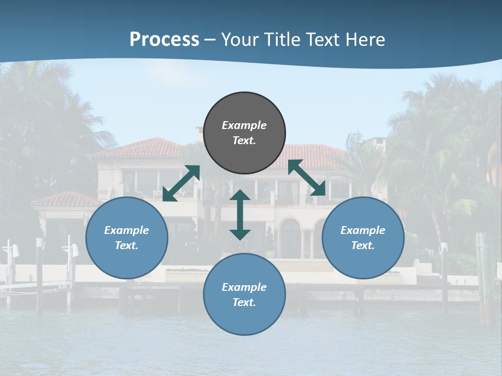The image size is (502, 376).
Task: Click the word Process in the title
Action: pyautogui.click(x=164, y=40)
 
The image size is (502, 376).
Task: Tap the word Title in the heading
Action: pyautogui.click(x=280, y=40)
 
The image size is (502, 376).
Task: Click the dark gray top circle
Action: pyautogui.click(x=244, y=133)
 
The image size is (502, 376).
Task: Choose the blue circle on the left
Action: pyautogui.click(x=127, y=238)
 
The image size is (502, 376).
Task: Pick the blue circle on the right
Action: pyautogui.click(x=363, y=238)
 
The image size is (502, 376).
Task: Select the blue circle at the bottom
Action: pyautogui.click(x=244, y=294)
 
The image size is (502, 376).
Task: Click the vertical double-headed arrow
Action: pyautogui.click(x=240, y=215)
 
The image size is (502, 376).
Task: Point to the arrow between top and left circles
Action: pyautogui.click(x=181, y=183)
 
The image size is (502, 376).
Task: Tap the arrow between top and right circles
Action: pyautogui.click(x=306, y=178)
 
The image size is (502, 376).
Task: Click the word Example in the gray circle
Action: pyautogui.click(x=244, y=125)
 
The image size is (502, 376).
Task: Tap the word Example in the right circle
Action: pyautogui.click(x=363, y=230)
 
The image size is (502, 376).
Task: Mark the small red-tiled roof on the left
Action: pyautogui.click(x=65, y=199)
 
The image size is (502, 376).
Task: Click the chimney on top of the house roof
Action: pyautogui.click(x=199, y=133)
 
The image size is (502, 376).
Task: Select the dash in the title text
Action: pyautogui.click(x=210, y=40)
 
